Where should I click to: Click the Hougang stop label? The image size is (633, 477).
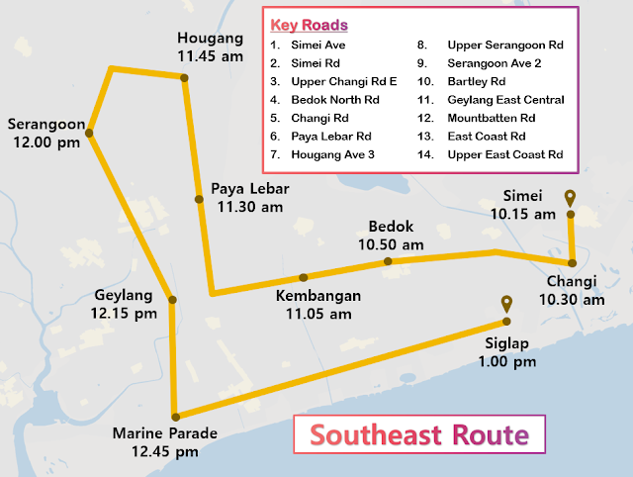211,38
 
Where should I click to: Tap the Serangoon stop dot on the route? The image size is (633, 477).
90,132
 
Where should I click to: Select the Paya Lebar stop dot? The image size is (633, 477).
199,199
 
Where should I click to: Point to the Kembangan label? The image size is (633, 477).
317,296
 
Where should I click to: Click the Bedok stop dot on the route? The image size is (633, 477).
389,262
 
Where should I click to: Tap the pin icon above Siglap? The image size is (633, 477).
506,304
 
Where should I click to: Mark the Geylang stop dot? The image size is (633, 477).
172,300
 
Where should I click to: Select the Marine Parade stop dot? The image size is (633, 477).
175,417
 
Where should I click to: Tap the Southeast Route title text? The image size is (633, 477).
418,435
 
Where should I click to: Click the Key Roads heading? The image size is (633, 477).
309,25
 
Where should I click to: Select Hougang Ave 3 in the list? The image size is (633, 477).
333,154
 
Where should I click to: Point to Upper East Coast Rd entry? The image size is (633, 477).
504,154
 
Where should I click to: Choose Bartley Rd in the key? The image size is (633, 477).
477,81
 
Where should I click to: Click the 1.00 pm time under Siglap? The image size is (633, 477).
507,363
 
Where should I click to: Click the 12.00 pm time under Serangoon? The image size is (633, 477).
45,143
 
